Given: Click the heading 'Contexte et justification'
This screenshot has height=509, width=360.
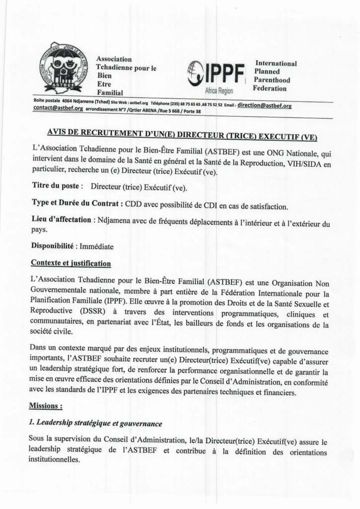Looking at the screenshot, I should point(71,263).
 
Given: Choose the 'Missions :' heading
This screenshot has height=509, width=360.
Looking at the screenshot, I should point(46,406).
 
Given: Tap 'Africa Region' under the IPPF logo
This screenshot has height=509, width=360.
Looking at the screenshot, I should point(219,91).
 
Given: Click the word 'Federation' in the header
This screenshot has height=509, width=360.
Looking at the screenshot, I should point(270,88).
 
